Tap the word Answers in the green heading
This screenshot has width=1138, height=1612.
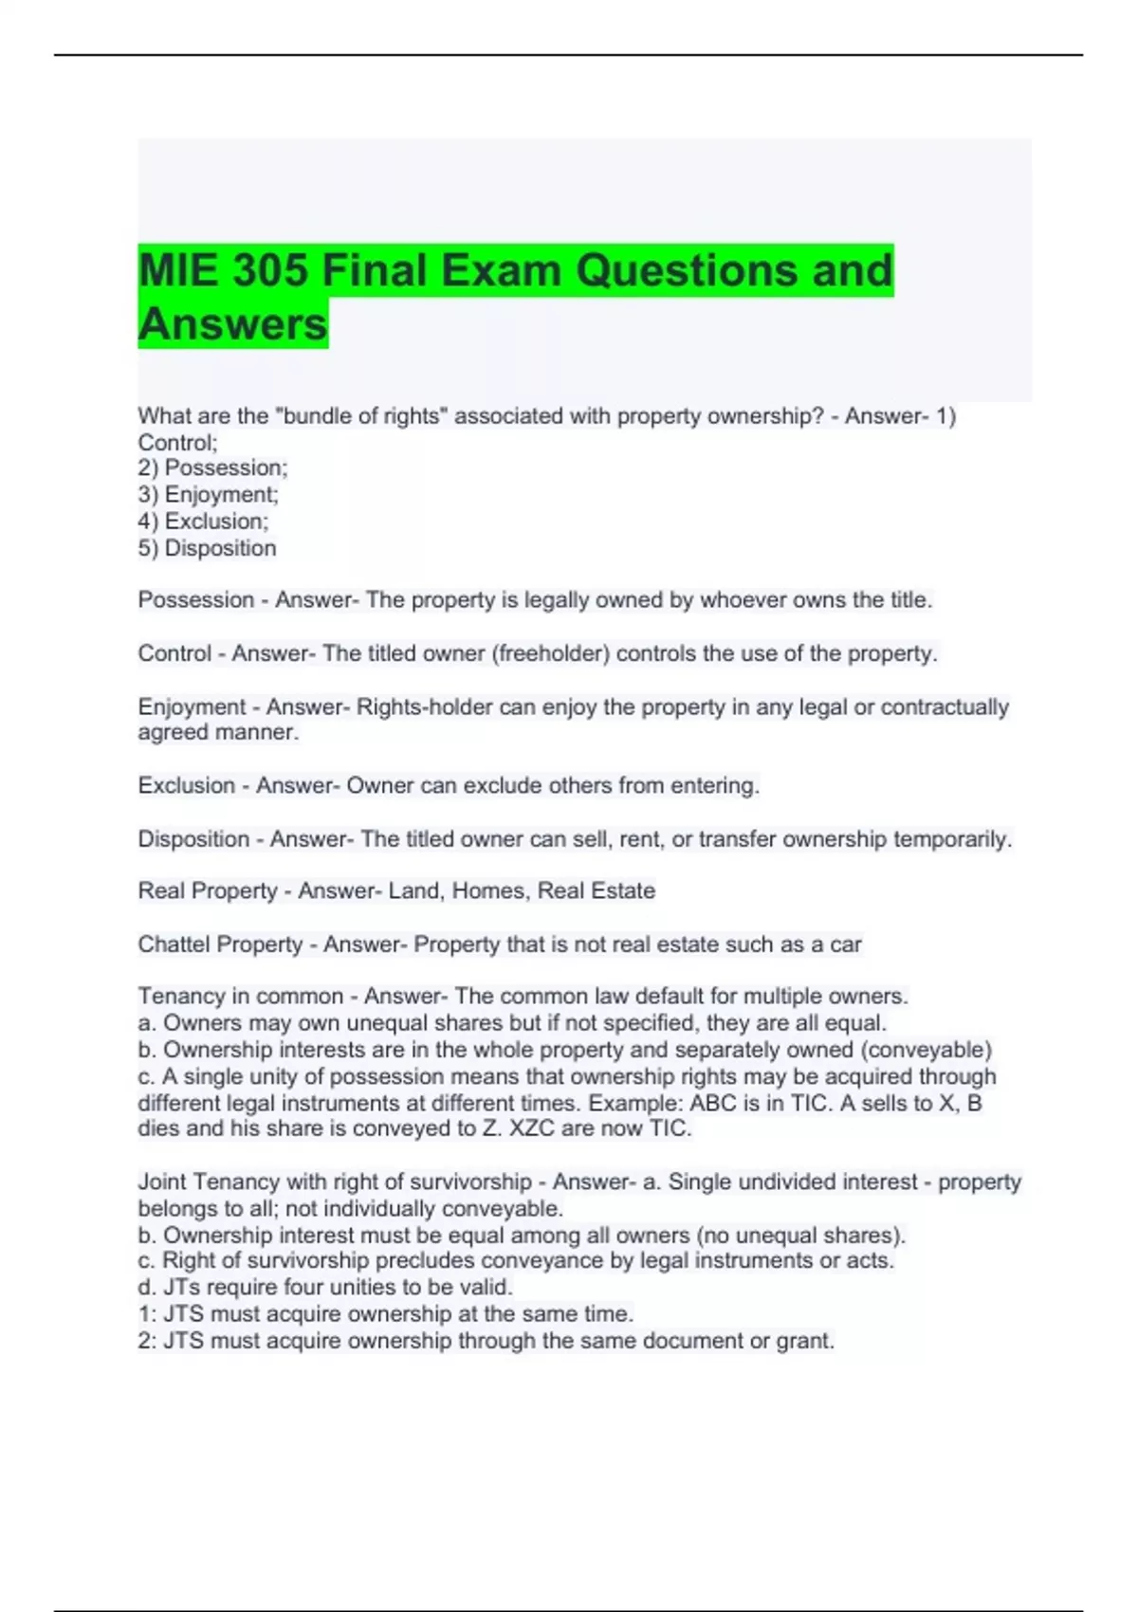[x=232, y=323]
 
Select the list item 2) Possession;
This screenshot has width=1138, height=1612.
[x=212, y=467]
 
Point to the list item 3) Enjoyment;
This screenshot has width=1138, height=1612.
[x=208, y=494]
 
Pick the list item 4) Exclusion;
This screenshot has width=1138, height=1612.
[x=203, y=521]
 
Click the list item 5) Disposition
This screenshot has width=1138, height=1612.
[x=207, y=548]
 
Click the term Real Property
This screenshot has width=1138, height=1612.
[x=208, y=891]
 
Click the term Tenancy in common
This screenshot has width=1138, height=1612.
[x=241, y=997]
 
